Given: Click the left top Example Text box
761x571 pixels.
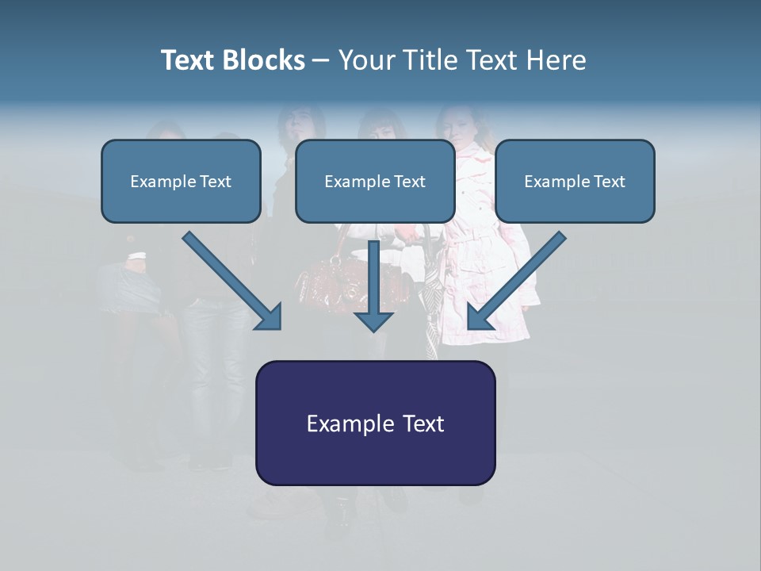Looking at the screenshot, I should click(x=181, y=182).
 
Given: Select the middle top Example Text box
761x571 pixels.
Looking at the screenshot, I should click(x=375, y=182).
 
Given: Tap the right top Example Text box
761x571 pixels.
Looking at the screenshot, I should click(x=575, y=182).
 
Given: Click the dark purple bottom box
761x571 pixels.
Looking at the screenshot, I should click(x=375, y=423).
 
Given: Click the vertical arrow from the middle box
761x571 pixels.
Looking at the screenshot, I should click(x=373, y=282).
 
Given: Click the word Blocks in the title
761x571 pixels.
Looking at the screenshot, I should click(x=265, y=60).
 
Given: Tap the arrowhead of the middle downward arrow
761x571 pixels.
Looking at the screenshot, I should click(x=373, y=320).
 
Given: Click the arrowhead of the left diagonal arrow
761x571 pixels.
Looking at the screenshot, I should click(x=270, y=317).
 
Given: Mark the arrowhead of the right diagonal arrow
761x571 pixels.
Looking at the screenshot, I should click(x=480, y=316).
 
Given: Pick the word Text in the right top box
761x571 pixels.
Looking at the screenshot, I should click(x=608, y=182).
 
